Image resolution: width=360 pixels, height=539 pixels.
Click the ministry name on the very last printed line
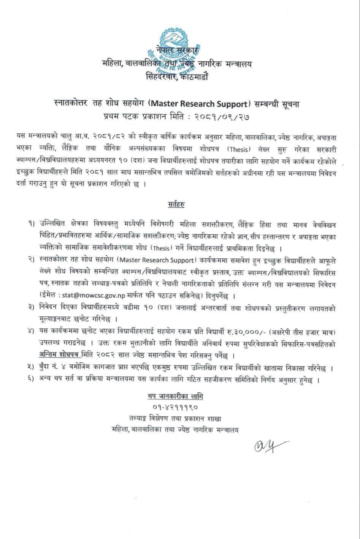[x=175, y=430]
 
